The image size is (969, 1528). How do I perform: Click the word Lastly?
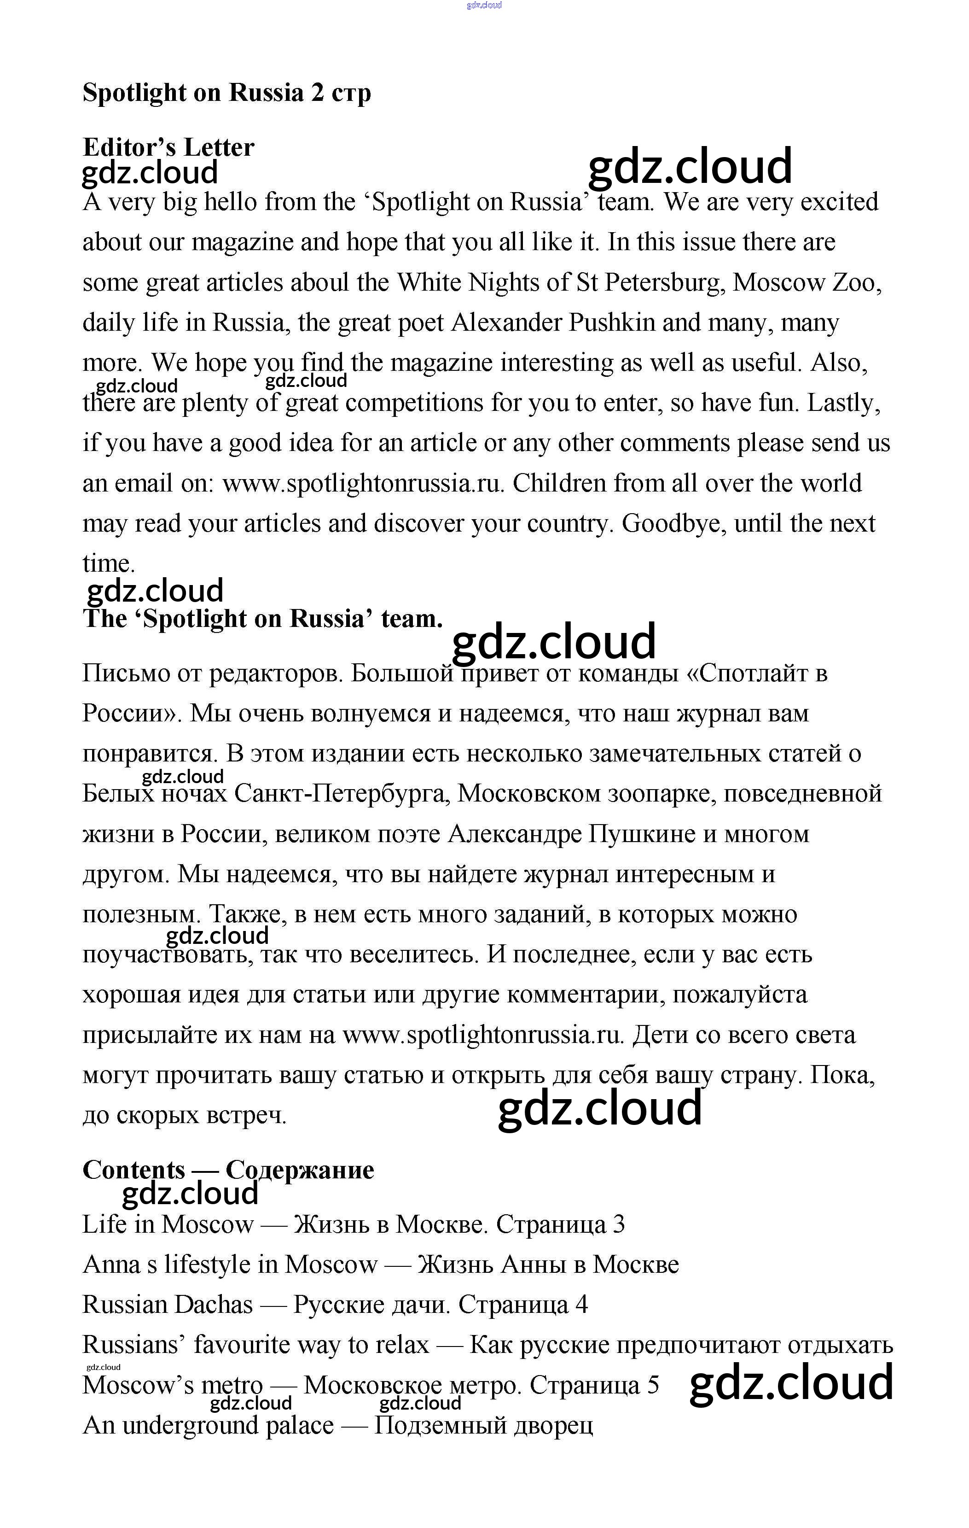point(843,403)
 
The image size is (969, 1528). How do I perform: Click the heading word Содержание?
point(300,1170)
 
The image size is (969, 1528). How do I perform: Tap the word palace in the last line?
point(299,1425)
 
